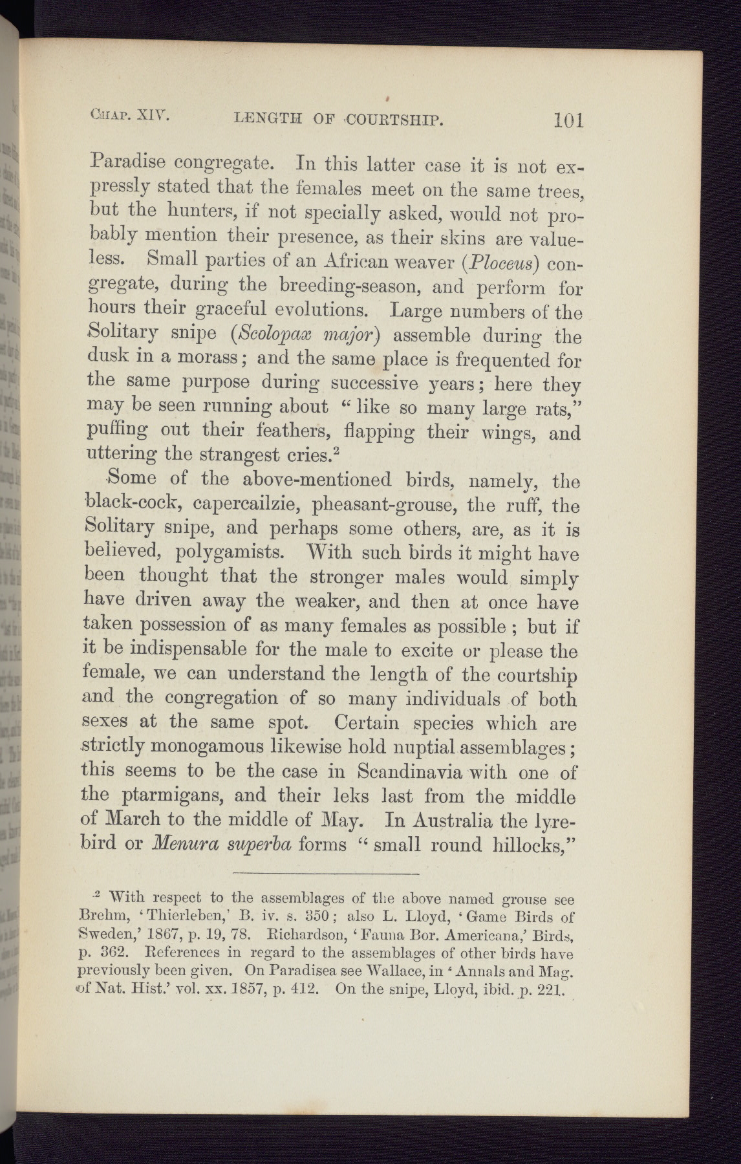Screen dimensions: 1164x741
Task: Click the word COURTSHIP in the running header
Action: click(395, 119)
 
